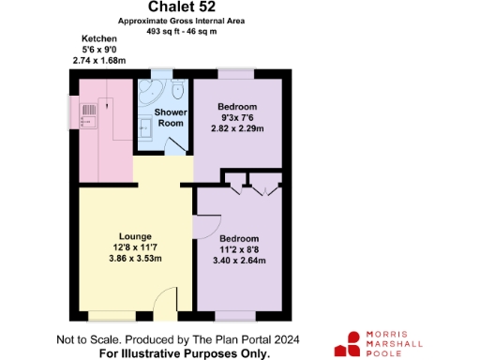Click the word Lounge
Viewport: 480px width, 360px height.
tap(136, 234)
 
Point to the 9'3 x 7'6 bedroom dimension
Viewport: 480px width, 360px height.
tap(237, 118)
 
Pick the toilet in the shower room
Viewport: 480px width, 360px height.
tap(178, 91)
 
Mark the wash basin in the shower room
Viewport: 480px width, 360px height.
tap(148, 127)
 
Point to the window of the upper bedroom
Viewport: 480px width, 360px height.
tap(237, 75)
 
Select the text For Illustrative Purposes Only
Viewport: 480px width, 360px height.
tap(185, 353)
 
